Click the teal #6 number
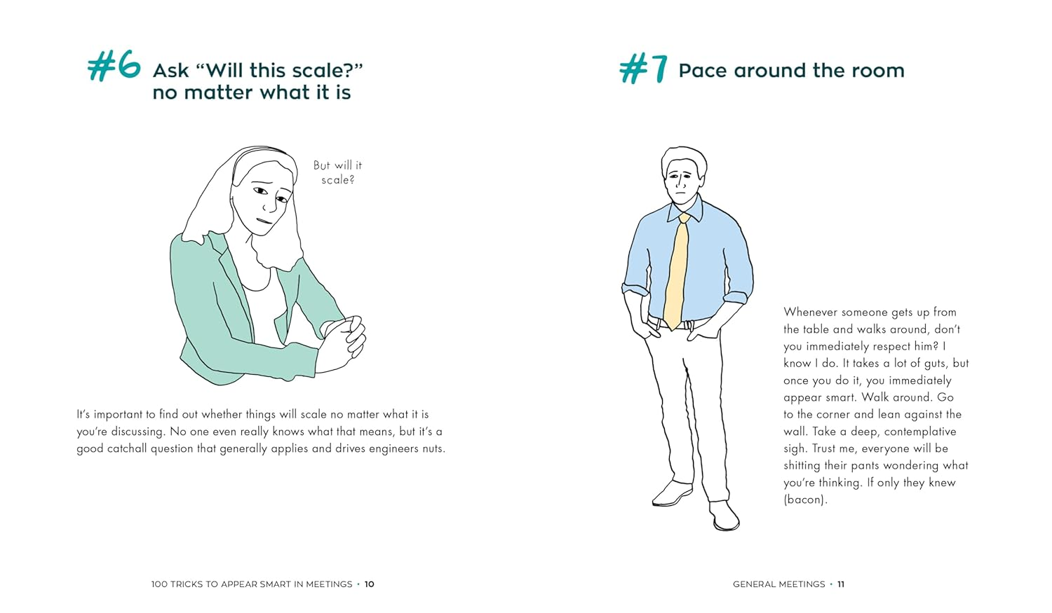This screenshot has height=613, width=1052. click(x=114, y=67)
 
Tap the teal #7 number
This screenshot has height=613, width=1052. click(x=643, y=69)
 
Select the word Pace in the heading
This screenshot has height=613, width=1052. click(x=703, y=71)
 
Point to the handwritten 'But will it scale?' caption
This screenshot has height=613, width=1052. click(x=337, y=172)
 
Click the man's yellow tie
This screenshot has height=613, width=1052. click(x=677, y=273)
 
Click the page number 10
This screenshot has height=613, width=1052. click(x=370, y=584)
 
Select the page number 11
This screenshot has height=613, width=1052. click(x=841, y=584)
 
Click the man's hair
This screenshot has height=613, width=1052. click(x=683, y=156)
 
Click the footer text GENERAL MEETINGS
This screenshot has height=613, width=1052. click(x=778, y=584)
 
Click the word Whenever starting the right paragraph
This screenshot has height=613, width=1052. click(x=811, y=312)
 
